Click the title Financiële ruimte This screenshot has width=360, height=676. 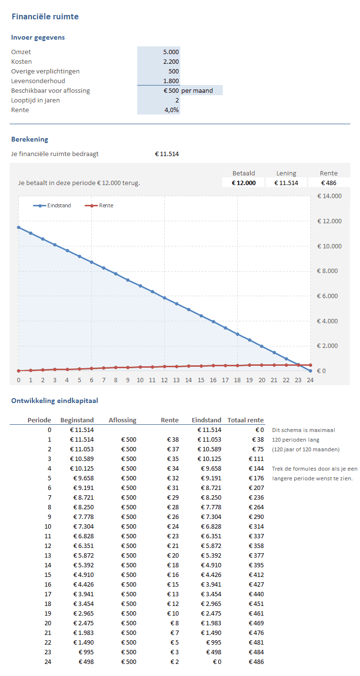click(x=45, y=17)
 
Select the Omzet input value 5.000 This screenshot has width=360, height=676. click(x=171, y=52)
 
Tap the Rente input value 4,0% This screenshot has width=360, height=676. click(x=171, y=110)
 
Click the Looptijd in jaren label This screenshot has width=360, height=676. click(x=35, y=100)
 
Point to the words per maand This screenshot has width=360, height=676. click(x=197, y=90)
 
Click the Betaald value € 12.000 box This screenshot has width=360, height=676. click(x=244, y=183)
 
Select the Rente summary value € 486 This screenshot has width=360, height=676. click(x=329, y=183)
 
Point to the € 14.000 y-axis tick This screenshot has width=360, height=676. click(x=329, y=196)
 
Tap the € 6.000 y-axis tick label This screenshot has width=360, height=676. click(x=329, y=296)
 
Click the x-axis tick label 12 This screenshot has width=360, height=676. click(x=164, y=380)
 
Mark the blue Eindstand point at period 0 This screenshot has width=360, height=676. click(x=19, y=227)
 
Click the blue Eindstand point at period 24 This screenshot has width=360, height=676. click(x=310, y=371)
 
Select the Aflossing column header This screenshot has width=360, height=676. click(x=122, y=420)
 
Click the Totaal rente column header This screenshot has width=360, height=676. click(x=245, y=420)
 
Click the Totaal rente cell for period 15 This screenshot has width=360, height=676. click(x=256, y=575)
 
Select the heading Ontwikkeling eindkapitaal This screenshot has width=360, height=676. click(x=55, y=401)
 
